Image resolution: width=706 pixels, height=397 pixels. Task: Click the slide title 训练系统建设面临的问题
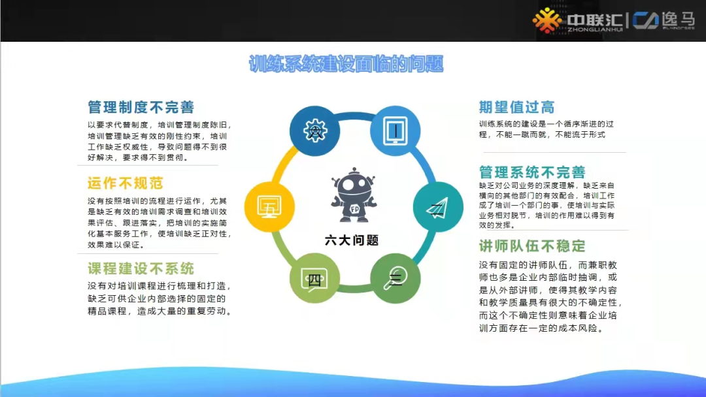pyautogui.click(x=346, y=65)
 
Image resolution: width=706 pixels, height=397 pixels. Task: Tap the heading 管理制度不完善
pyautogui.click(x=141, y=107)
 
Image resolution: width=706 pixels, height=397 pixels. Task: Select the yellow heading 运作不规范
pyautogui.click(x=125, y=182)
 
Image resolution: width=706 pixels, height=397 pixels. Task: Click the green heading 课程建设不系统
pyautogui.click(x=141, y=268)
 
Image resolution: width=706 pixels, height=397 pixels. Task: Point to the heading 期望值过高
pyautogui.click(x=516, y=107)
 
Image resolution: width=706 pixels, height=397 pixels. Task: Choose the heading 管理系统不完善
pyautogui.click(x=532, y=172)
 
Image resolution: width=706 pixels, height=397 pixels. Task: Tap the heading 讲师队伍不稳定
pyautogui.click(x=532, y=246)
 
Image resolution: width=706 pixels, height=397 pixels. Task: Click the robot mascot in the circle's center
pyautogui.click(x=353, y=195)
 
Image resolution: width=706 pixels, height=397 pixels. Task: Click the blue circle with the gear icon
pyautogui.click(x=313, y=131)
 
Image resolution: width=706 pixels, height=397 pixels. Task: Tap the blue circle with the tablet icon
pyautogui.click(x=395, y=131)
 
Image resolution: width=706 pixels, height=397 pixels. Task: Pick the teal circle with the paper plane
pyautogui.click(x=435, y=208)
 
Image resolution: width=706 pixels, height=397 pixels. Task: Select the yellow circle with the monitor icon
pyautogui.click(x=269, y=207)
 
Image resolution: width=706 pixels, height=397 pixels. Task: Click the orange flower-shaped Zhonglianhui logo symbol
pyautogui.click(x=546, y=20)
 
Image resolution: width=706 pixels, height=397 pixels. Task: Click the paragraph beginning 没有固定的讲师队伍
pyautogui.click(x=550, y=296)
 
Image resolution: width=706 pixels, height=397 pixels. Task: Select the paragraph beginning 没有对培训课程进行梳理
pyautogui.click(x=160, y=298)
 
